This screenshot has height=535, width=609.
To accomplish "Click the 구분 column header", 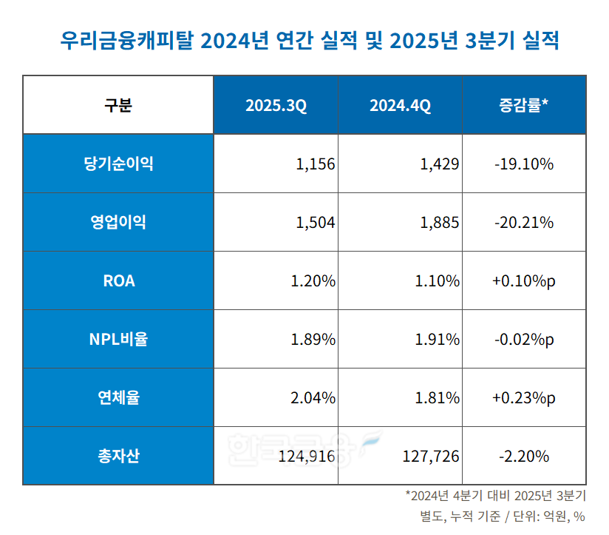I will click(x=118, y=105).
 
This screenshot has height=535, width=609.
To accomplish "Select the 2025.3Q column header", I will click(x=276, y=105).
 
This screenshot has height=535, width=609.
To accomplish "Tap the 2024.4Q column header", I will click(x=400, y=105).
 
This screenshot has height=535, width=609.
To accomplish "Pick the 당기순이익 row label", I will click(x=118, y=164).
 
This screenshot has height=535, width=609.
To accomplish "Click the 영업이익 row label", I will click(x=118, y=222).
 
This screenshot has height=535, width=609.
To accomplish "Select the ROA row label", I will click(x=118, y=281).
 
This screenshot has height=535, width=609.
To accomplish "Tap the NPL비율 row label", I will click(x=118, y=340).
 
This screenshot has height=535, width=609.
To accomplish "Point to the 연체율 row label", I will click(x=118, y=398).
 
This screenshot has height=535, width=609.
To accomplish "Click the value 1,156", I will click(x=316, y=164).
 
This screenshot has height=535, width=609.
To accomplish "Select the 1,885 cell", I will click(x=440, y=223).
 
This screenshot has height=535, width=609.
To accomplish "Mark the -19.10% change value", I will click(x=523, y=164).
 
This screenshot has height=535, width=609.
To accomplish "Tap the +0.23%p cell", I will click(x=523, y=398).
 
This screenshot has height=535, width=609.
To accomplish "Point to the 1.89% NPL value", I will click(x=313, y=340).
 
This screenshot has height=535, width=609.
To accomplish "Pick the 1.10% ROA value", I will click(x=438, y=281).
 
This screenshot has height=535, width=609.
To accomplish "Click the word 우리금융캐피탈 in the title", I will click(x=125, y=40).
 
